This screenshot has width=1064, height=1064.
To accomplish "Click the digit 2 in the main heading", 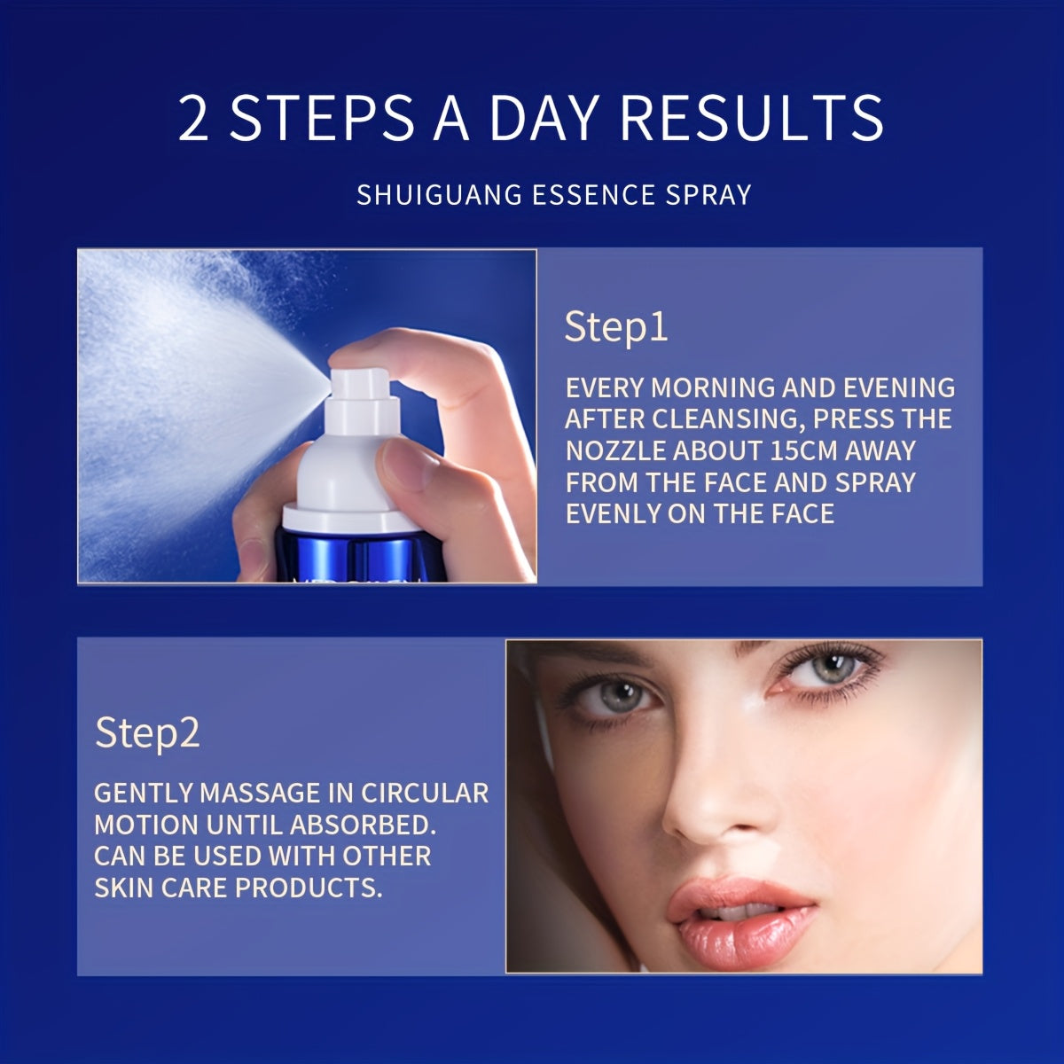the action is pos(193,119).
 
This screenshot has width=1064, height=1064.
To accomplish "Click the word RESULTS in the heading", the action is pos(752,119).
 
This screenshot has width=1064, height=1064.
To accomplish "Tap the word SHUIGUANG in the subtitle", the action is pos(439,195).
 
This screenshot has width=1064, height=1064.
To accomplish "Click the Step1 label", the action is pos(616,327).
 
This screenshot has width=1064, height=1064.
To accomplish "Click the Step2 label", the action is pos(147,732).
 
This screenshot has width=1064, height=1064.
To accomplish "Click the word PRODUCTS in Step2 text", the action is pos(309,888).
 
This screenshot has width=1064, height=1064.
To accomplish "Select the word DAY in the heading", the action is pos(543,119).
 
